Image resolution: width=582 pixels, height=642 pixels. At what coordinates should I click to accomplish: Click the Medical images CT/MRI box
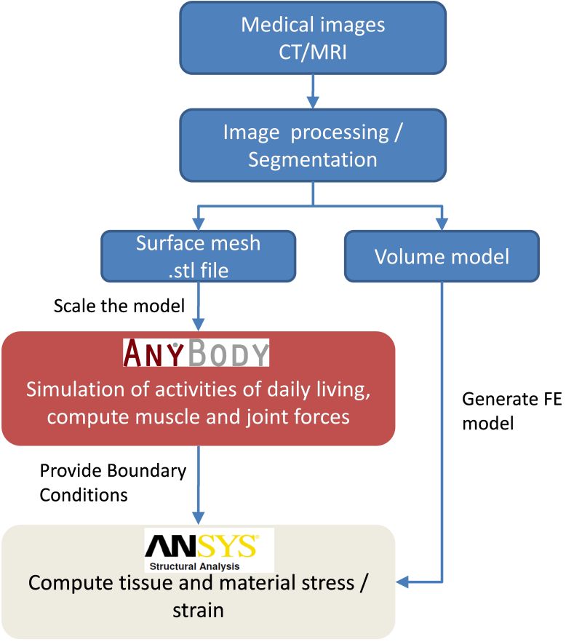point(313,38)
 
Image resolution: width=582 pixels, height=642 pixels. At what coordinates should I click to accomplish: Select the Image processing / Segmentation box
point(313,146)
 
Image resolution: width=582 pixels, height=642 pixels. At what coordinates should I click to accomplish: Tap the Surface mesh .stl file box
point(199,256)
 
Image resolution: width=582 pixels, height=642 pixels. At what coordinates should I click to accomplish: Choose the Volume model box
point(442,256)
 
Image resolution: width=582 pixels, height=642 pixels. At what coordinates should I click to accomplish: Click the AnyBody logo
point(196,352)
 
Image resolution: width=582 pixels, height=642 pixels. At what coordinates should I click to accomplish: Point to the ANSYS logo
point(209,550)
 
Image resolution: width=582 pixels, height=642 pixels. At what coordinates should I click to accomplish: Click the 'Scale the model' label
point(119,306)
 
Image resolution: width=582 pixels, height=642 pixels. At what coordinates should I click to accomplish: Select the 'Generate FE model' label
point(512,411)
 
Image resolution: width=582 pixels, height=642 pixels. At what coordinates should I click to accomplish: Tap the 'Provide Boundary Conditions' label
point(113,483)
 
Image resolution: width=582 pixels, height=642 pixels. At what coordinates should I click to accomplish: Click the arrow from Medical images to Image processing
point(313,92)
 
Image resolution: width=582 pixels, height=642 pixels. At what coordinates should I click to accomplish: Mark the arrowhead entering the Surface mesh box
point(199,223)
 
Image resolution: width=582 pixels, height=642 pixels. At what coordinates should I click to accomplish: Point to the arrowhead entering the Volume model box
point(442,223)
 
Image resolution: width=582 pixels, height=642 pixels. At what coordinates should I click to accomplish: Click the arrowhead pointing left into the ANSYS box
point(402,582)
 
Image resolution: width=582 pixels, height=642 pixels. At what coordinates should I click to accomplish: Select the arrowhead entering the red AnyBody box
point(199,325)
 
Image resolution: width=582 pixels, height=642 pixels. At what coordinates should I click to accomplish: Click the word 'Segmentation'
point(313,159)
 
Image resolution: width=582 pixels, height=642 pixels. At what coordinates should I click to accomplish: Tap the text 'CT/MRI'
point(313,52)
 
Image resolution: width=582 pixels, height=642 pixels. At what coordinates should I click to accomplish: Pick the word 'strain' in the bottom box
point(198,611)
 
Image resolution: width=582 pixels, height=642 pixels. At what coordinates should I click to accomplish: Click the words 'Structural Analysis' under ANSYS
point(194,566)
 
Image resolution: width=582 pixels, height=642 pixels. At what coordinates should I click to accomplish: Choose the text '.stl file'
point(199,271)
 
